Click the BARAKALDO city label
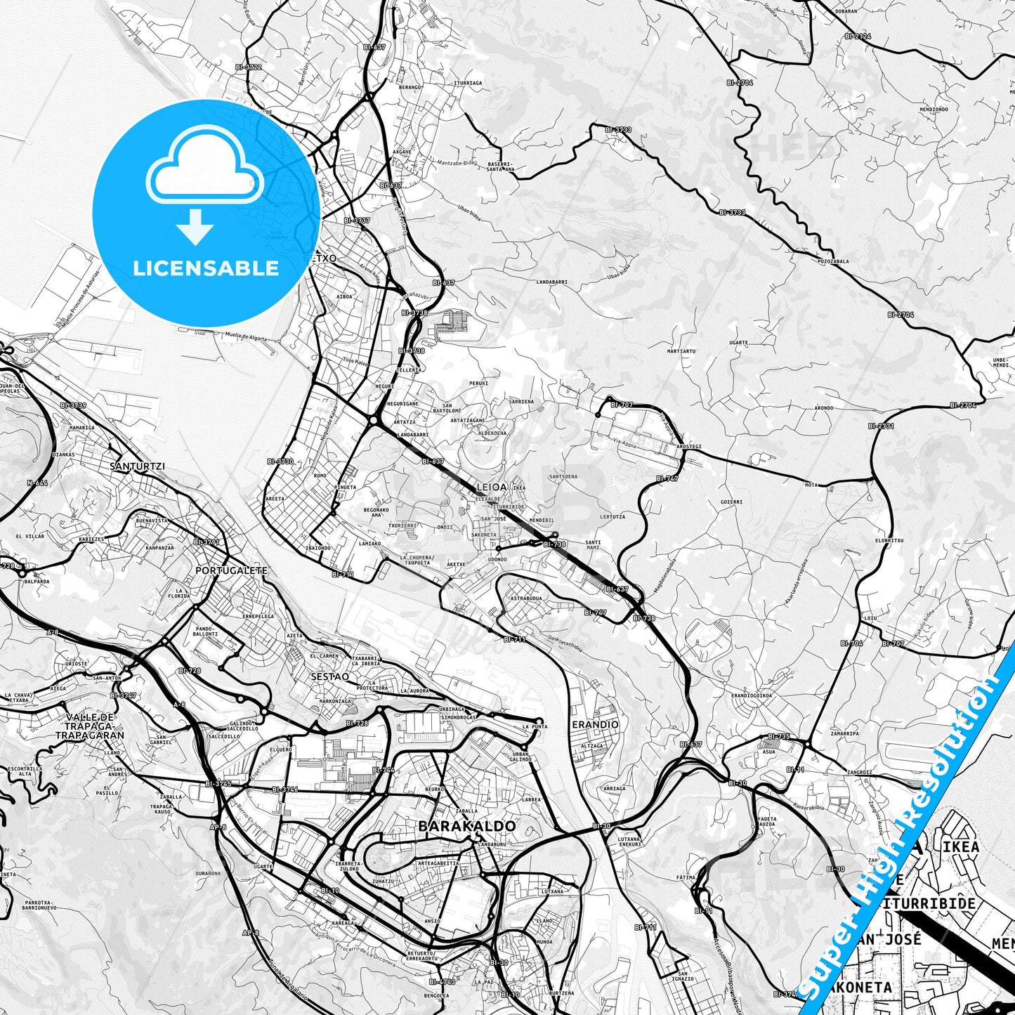pyautogui.click(x=467, y=826)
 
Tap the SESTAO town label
pyautogui.click(x=329, y=676)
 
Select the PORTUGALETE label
pyautogui.click(x=231, y=570)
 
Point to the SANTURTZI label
pyautogui.click(x=137, y=466)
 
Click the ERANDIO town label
pyautogui.click(x=595, y=724)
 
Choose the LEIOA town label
pyautogui.click(x=491, y=486)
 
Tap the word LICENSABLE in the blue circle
pyautogui.click(x=206, y=268)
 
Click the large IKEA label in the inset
pyautogui.click(x=960, y=846)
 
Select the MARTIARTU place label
pyautogui.click(x=681, y=351)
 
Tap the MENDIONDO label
pyautogui.click(x=934, y=110)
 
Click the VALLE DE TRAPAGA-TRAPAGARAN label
pyautogui.click(x=90, y=726)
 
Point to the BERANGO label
pyautogui.click(x=410, y=87)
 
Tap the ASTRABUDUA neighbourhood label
pyautogui.click(x=525, y=598)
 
